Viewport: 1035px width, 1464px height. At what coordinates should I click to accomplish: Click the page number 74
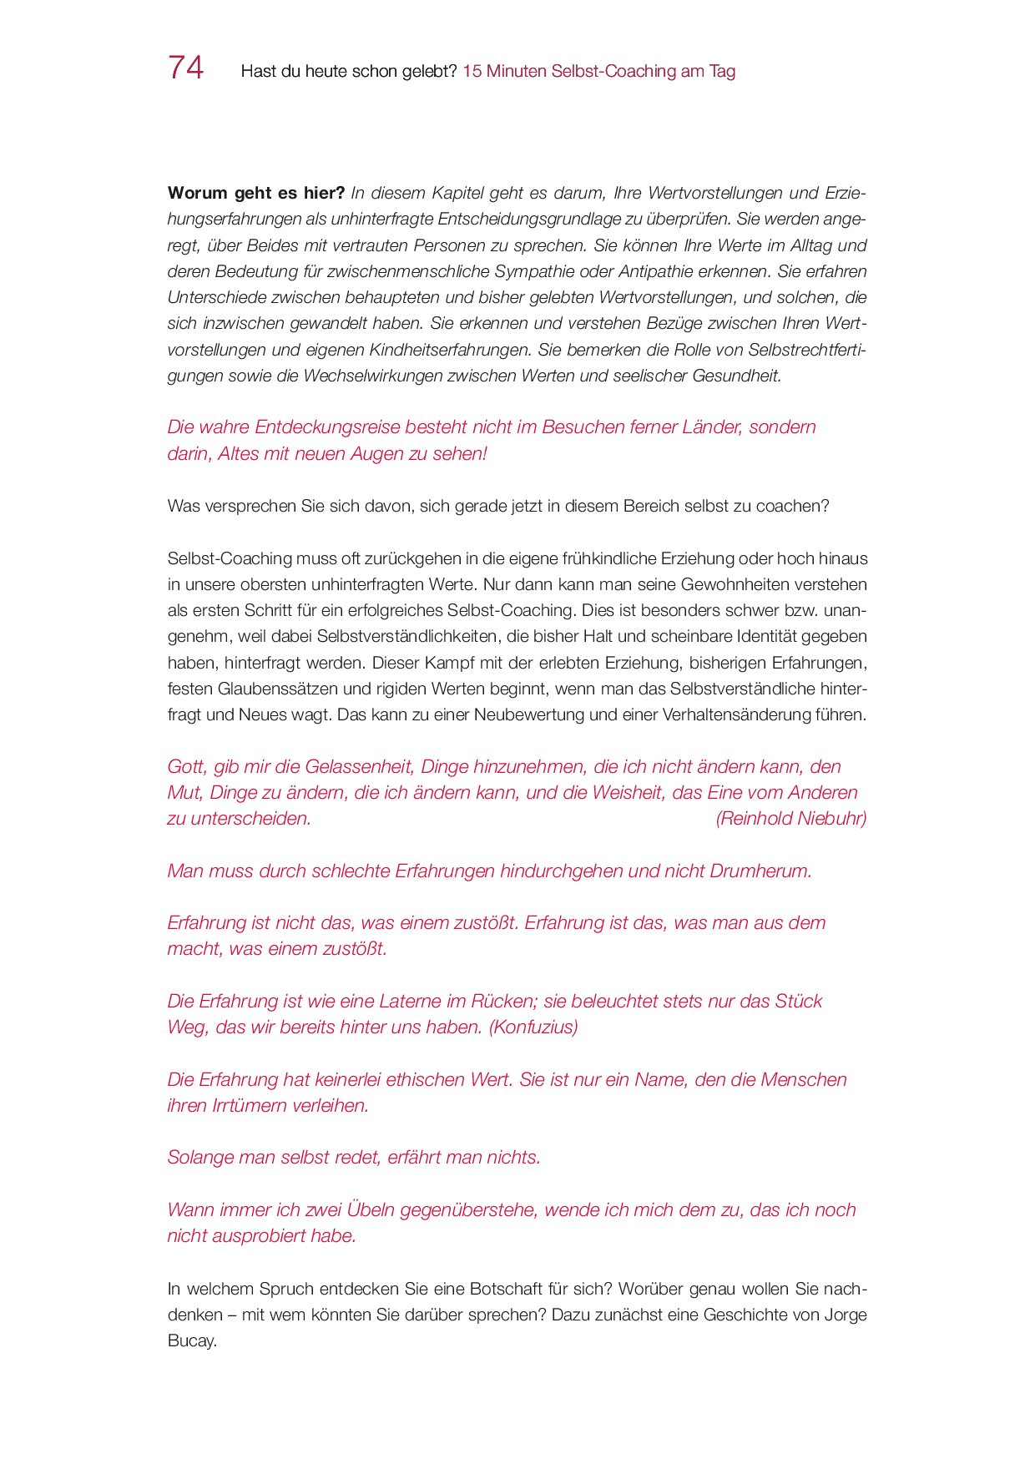[185, 68]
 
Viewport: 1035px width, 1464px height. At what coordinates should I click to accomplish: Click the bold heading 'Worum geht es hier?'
[255, 193]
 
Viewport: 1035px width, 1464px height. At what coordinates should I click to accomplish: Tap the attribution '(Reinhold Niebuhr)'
[790, 818]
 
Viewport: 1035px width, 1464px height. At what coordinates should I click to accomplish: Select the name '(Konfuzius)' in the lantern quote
[533, 1027]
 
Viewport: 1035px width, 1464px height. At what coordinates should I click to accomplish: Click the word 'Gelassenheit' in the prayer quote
[359, 766]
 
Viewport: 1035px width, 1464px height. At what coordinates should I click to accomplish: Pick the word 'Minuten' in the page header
[517, 71]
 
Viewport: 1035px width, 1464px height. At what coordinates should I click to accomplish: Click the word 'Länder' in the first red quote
[712, 427]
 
